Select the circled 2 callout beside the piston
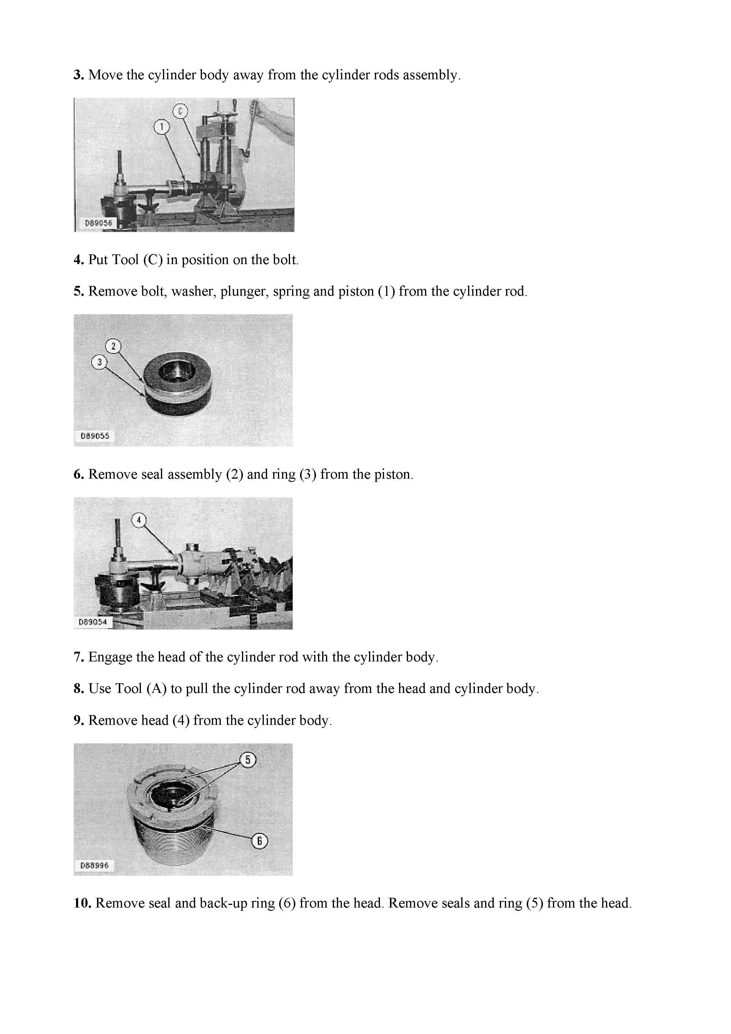click(x=113, y=346)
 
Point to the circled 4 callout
click(x=139, y=520)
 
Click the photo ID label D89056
click(x=98, y=223)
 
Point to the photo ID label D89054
click(x=93, y=621)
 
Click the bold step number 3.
click(x=79, y=75)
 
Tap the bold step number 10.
click(x=83, y=903)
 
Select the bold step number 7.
click(x=79, y=657)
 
